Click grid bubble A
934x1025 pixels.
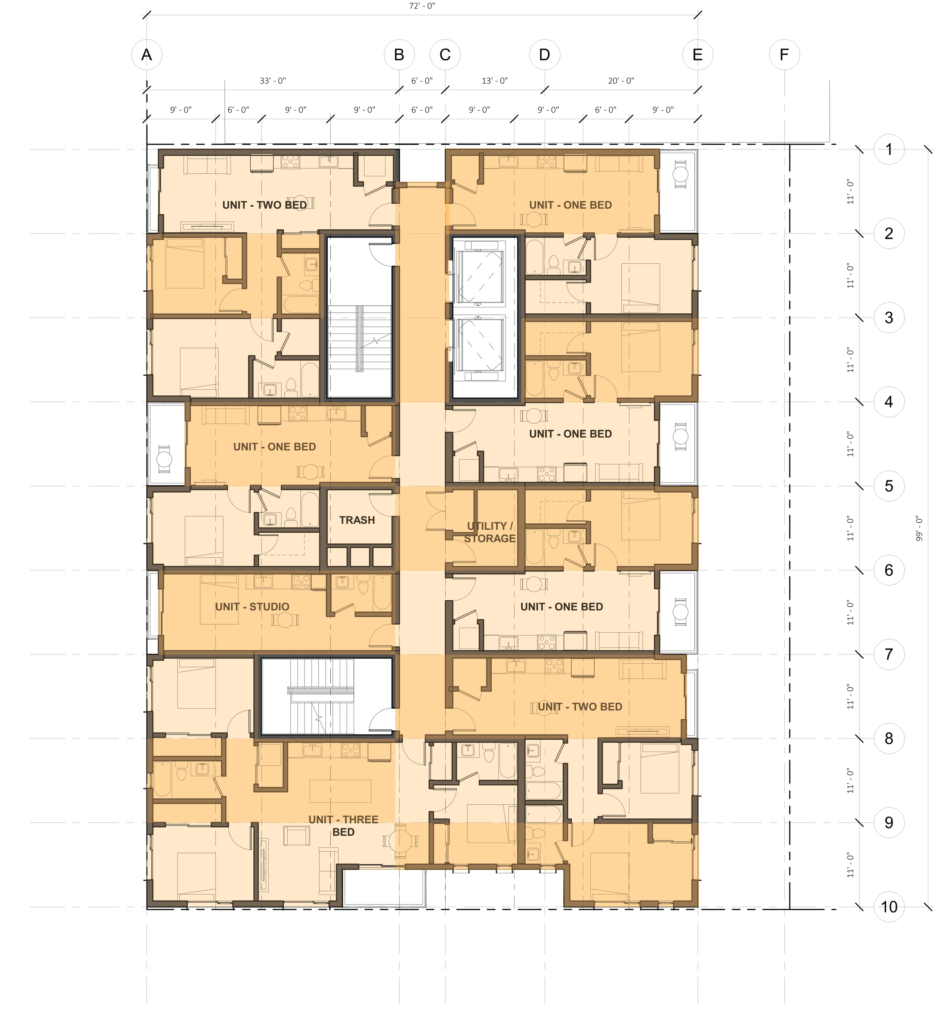point(146,55)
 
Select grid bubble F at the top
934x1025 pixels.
point(784,55)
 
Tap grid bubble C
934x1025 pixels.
point(445,55)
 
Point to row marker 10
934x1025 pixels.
point(889,907)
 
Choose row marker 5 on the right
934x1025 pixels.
point(889,486)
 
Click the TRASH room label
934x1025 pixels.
point(357,520)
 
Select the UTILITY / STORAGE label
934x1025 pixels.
point(490,532)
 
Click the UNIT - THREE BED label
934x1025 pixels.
point(343,826)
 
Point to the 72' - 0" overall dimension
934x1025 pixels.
point(422,6)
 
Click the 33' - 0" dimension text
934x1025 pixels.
point(273,81)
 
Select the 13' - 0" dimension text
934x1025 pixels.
point(495,81)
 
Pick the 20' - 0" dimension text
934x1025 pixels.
point(621,81)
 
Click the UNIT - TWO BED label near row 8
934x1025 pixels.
point(579,707)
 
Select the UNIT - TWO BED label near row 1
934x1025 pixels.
point(265,205)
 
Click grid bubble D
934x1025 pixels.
point(545,55)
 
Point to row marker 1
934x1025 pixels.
point(889,149)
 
